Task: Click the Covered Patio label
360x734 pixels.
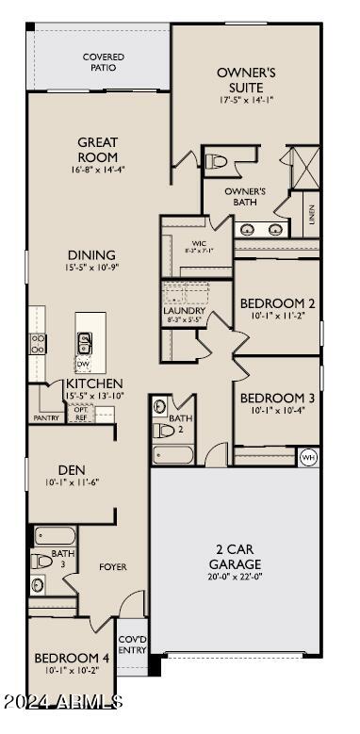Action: tap(104, 63)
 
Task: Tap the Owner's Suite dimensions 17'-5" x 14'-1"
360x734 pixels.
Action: tap(245, 100)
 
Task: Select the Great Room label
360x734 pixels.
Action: tap(98, 150)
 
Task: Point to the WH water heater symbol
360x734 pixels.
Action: tap(308, 457)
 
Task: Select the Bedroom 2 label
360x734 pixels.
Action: tap(276, 303)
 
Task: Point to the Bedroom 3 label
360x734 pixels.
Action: tap(276, 398)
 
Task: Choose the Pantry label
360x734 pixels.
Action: tap(46, 417)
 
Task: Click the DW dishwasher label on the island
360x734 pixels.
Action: tap(83, 364)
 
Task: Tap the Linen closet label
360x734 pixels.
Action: tap(311, 214)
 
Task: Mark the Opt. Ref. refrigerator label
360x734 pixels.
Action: tap(80, 415)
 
